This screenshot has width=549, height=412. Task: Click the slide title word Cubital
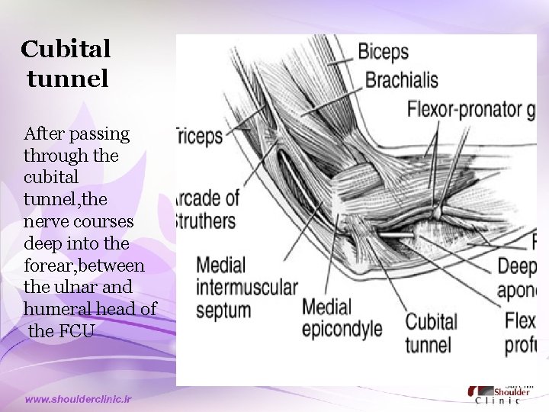[x=66, y=50]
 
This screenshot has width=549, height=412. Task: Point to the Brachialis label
[x=401, y=79]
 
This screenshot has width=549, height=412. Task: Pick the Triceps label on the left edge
[x=200, y=137]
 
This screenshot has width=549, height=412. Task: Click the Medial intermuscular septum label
[x=246, y=288]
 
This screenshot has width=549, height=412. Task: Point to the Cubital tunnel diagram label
[x=431, y=333]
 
